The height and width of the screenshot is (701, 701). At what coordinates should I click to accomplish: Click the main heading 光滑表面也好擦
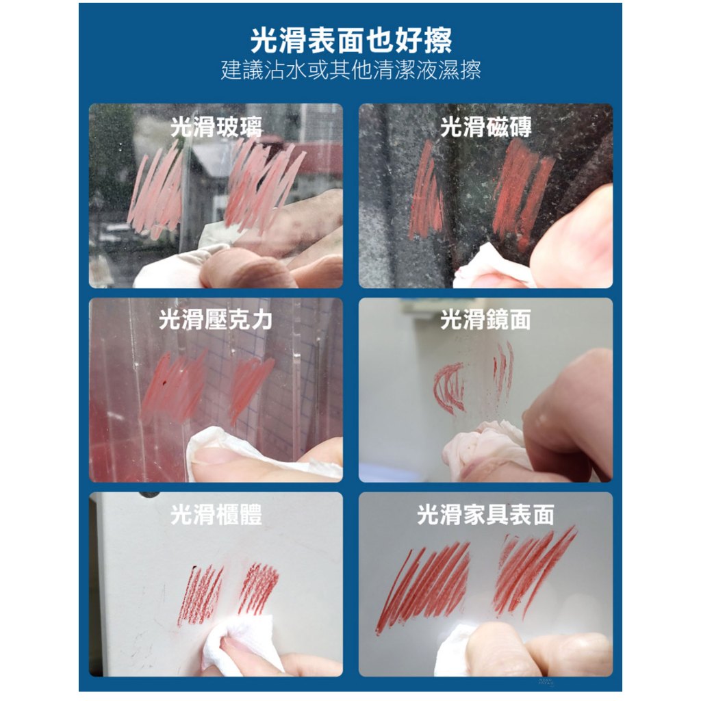click(x=351, y=40)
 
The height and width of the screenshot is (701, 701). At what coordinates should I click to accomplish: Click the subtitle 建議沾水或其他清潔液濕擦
click(x=351, y=71)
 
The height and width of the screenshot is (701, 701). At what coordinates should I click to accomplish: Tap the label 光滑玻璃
click(x=216, y=127)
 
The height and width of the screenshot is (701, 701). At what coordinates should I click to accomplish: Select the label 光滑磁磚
click(x=486, y=127)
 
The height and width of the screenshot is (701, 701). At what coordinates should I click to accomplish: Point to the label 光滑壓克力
click(x=216, y=320)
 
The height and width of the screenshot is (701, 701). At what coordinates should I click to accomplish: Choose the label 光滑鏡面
click(x=486, y=320)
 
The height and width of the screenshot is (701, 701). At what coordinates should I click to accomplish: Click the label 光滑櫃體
click(x=216, y=515)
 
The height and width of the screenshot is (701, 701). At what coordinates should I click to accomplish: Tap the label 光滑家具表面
click(x=486, y=515)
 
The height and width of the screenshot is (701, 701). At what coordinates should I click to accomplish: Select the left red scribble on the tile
click(x=426, y=191)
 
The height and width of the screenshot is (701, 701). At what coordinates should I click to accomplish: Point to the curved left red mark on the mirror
click(x=448, y=387)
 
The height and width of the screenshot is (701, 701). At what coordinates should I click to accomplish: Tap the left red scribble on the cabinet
click(x=201, y=595)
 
